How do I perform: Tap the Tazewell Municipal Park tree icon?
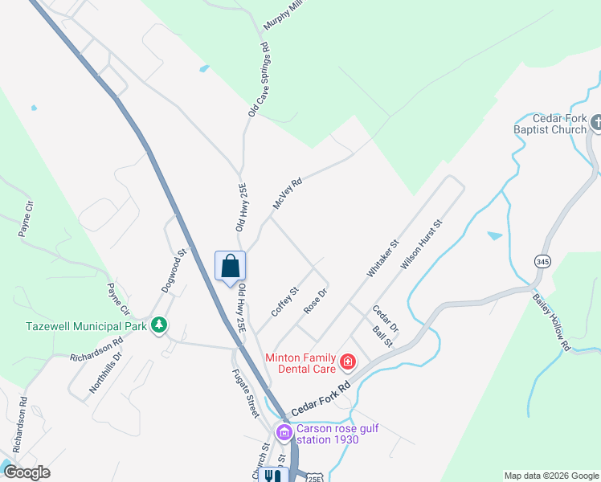click(159, 325)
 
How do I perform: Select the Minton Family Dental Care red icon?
click(347, 362)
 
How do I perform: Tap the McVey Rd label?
click(287, 194)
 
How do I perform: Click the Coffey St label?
click(284, 301)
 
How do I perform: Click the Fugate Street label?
click(243, 392)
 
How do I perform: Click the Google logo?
click(27, 472)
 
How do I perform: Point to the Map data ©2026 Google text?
click(550, 476)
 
